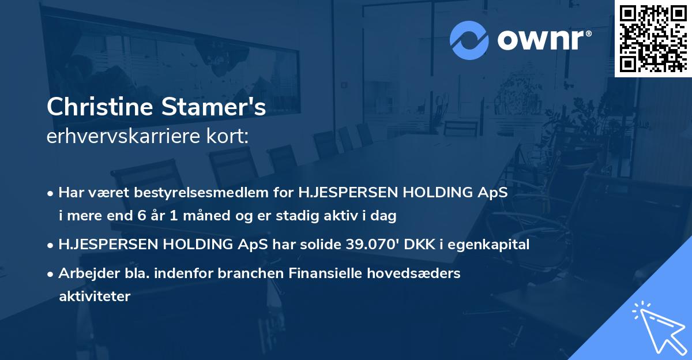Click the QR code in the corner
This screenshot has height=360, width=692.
coord(653,38)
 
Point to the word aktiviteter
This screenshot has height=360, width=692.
coord(95,297)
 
